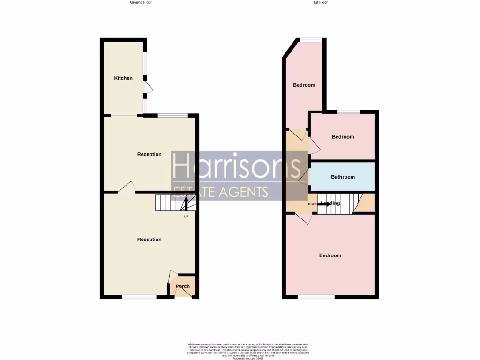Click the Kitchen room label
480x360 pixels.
[123, 78]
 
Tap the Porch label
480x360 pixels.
[182, 286]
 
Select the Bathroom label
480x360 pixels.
[343, 177]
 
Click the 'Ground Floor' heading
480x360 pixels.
[141, 2]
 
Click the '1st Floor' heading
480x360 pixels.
[321, 2]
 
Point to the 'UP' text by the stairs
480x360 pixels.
[186, 216]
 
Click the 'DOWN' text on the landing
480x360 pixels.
[312, 204]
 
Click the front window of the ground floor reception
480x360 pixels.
[139, 297]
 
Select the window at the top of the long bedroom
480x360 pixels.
[308, 39]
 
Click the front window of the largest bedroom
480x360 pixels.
[316, 297]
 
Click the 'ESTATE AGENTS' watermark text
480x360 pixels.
[220, 191]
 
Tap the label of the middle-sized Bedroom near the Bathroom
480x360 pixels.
[343, 137]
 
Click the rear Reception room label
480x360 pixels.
[149, 154]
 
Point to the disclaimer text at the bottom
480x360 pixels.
[248, 351]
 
